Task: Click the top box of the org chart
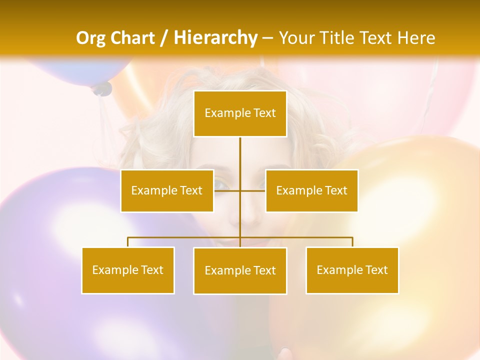(x=240, y=113)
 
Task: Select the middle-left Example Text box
(x=167, y=190)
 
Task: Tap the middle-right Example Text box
(x=311, y=190)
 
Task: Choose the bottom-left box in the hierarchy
(x=128, y=270)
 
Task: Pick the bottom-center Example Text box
(x=240, y=270)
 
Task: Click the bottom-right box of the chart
(x=352, y=270)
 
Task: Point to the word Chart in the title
(x=131, y=38)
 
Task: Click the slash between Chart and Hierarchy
(x=164, y=38)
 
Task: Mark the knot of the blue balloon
(x=102, y=89)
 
